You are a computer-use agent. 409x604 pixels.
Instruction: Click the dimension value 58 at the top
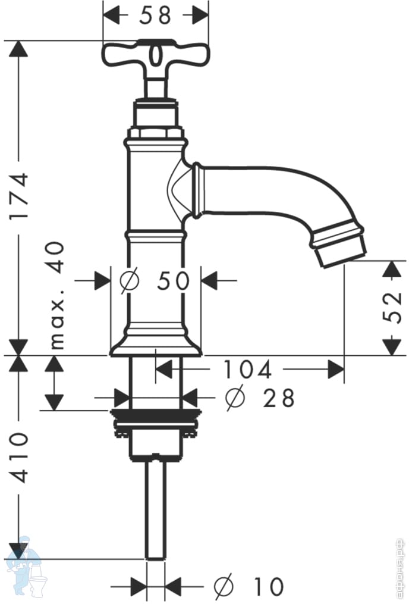(156, 15)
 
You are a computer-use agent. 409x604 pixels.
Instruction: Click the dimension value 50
(172, 280)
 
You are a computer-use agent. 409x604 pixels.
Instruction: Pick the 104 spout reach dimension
(247, 370)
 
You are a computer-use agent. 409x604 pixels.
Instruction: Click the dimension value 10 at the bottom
(267, 587)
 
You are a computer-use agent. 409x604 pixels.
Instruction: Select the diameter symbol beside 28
(235, 398)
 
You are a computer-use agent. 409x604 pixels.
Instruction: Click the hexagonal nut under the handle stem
(156, 132)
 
